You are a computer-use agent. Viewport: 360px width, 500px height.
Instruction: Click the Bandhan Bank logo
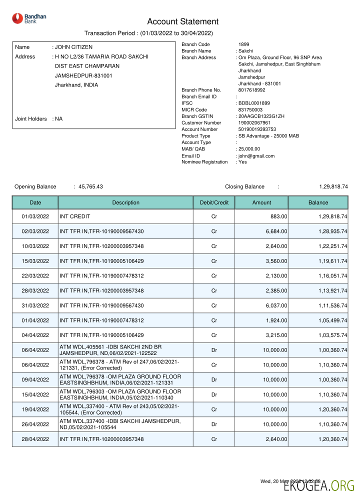pyautogui.click(x=29, y=19)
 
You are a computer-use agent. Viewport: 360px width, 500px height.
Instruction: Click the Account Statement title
pyautogui.click(x=182, y=21)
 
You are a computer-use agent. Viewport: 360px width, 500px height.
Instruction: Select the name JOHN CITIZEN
pyautogui.click(x=73, y=47)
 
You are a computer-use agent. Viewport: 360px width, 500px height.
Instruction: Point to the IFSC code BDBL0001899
pyautogui.click(x=254, y=103)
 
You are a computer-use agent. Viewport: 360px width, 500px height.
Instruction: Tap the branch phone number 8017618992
pyautogui.click(x=251, y=90)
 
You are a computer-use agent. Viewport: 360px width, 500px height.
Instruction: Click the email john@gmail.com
pyautogui.click(x=256, y=156)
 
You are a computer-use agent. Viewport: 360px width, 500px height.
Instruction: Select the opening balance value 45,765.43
pyautogui.click(x=90, y=186)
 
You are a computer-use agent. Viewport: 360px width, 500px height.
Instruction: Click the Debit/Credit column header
pyautogui.click(x=214, y=202)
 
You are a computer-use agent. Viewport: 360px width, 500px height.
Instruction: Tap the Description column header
pyautogui.click(x=125, y=202)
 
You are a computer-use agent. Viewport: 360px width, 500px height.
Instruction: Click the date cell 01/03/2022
pyautogui.click(x=35, y=216)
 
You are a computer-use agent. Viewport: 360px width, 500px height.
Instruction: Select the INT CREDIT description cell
pyautogui.click(x=75, y=216)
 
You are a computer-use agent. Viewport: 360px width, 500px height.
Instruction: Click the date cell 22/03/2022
pyautogui.click(x=35, y=275)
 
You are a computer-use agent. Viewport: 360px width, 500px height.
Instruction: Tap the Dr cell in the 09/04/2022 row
pyautogui.click(x=214, y=379)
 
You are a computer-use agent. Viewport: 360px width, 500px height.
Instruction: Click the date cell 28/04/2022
pyautogui.click(x=35, y=439)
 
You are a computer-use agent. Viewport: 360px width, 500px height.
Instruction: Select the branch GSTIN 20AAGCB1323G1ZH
pyautogui.click(x=261, y=116)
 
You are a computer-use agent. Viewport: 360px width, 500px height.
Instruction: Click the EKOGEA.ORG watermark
pyautogui.click(x=319, y=485)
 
